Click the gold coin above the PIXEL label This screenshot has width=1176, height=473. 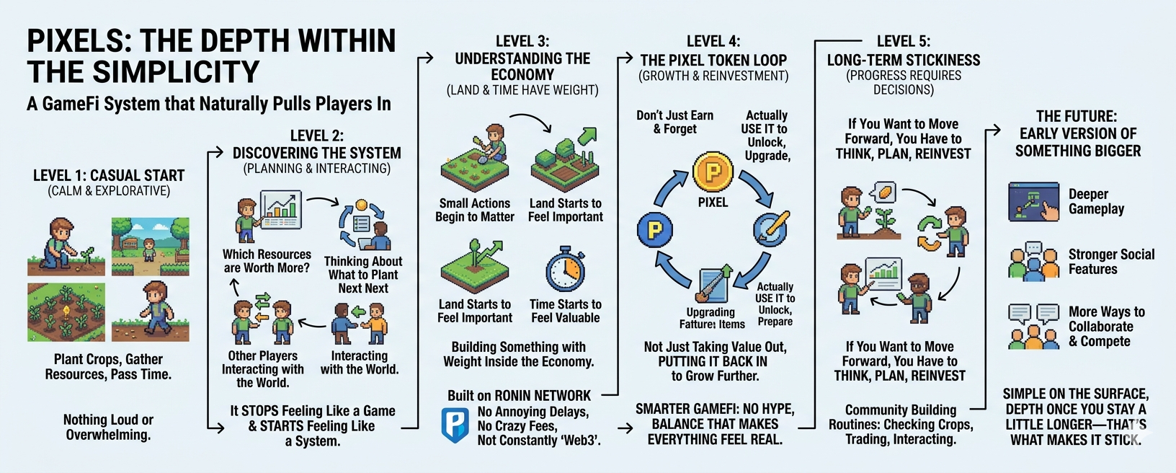coord(713,172)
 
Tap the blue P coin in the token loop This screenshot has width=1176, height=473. coord(655,230)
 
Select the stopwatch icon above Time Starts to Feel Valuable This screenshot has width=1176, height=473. coord(566,270)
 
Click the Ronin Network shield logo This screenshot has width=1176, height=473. coord(455,425)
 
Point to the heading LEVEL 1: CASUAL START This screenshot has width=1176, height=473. coord(109,175)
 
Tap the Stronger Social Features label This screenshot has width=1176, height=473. coord(1111,262)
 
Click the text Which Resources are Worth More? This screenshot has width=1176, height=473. coord(267,261)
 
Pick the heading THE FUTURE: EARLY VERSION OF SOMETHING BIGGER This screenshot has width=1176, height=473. coord(1078,133)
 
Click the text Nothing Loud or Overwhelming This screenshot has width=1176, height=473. coord(108,427)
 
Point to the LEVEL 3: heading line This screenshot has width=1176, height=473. coord(522,41)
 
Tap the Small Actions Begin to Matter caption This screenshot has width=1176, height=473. coord(475,210)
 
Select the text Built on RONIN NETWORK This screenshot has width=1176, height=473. coord(519,395)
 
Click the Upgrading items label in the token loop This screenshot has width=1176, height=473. coord(711,318)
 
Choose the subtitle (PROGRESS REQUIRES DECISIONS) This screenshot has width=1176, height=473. coord(904,82)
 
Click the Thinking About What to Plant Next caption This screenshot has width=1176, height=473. coord(363,275)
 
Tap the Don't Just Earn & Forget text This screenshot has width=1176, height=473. coord(674,122)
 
